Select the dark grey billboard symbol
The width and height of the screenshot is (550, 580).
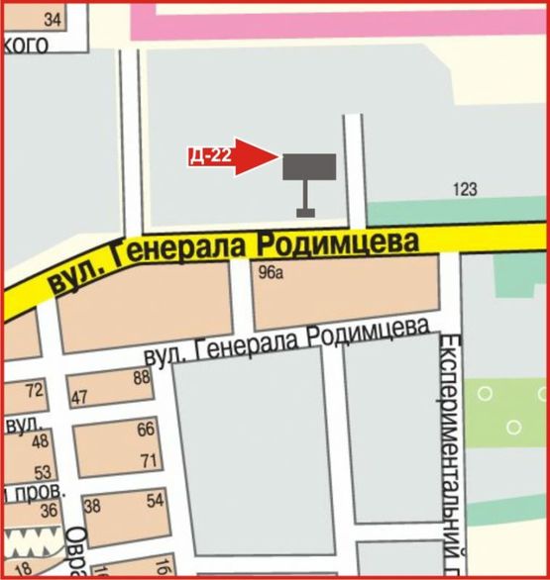point(309,167)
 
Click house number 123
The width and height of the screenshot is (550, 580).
point(465,188)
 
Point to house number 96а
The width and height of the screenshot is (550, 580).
point(271,273)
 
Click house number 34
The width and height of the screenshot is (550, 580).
point(53,19)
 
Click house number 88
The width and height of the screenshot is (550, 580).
point(141,376)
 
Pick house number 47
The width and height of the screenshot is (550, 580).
point(80,398)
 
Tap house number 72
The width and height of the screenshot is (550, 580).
point(35,390)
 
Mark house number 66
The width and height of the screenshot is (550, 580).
point(146,429)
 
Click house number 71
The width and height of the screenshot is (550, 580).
point(150,460)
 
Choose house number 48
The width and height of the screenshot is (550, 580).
point(41,441)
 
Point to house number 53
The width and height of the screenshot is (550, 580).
point(43,472)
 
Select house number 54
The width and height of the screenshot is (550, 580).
point(154,501)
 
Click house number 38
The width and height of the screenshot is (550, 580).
point(94,506)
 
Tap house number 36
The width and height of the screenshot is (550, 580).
point(49,511)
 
